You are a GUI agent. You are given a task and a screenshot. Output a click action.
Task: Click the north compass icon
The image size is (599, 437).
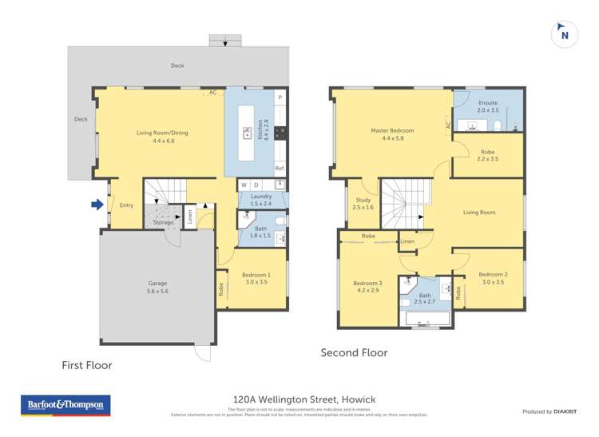pos(565,34)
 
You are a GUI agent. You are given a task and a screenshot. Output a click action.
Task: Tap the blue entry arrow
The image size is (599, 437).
pos(97,205)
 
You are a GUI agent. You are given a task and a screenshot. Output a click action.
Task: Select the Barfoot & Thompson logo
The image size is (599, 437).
pos(65,406)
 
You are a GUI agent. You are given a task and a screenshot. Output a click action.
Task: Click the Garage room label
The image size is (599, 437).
pos(157,287)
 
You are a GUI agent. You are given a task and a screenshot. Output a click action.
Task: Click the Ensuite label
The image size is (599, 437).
pos(487,107)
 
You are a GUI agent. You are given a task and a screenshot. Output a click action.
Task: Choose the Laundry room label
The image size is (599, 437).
pos(261,200)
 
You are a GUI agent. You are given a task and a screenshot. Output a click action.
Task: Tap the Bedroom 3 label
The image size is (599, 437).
pos(368,287)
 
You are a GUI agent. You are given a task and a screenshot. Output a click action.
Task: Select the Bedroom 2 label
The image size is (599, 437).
pos(494,278)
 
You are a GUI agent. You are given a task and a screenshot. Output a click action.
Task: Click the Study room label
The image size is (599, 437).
pos(363,204)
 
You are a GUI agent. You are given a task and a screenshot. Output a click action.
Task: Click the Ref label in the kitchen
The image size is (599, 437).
pos(279,169)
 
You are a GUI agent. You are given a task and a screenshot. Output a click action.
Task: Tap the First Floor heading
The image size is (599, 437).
pos(87,365)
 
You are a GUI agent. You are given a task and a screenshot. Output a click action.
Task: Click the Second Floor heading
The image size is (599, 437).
pos(354,352)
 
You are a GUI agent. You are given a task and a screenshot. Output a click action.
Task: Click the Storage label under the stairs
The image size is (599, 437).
pos(163,222)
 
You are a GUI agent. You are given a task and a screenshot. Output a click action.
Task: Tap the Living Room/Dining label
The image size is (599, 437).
pos(162,137)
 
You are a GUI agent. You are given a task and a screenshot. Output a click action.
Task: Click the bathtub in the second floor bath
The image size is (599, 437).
pos(428,320)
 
